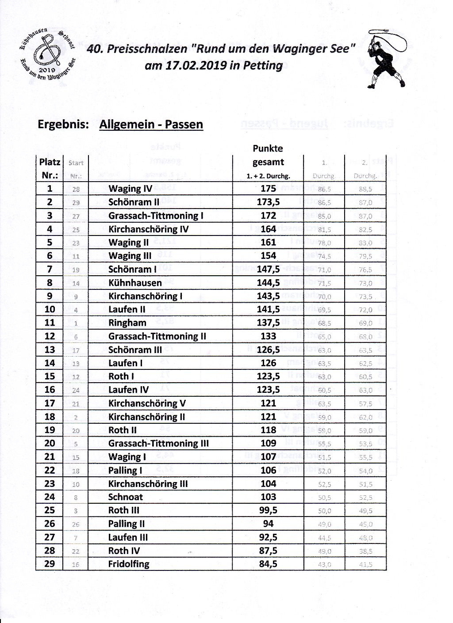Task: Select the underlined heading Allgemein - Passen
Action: click(x=151, y=124)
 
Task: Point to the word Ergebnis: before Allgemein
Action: click(x=64, y=124)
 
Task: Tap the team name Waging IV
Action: click(x=130, y=189)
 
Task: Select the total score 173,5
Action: click(x=268, y=202)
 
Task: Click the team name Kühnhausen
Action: click(x=135, y=283)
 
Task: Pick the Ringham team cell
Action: click(x=127, y=323)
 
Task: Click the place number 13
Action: click(x=50, y=349)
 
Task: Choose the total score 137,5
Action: click(x=268, y=323)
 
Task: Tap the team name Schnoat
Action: click(x=126, y=497)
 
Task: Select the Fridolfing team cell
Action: click(x=129, y=564)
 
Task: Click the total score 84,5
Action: click(x=268, y=564)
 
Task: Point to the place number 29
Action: click(x=50, y=564)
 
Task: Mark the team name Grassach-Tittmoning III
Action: click(x=158, y=444)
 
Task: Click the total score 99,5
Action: click(x=268, y=510)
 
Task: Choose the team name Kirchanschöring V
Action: click(x=147, y=403)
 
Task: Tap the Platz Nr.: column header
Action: click(x=50, y=168)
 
